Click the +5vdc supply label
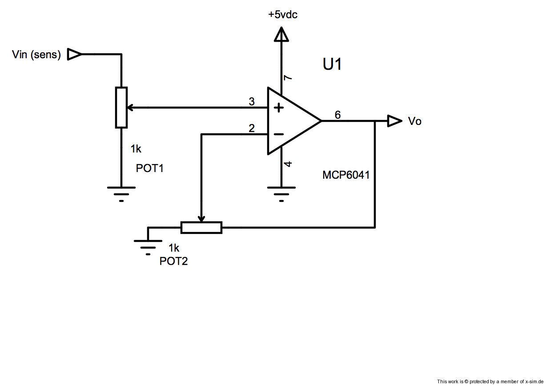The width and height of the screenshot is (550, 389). (x=282, y=15)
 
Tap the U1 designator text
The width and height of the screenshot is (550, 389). (x=332, y=64)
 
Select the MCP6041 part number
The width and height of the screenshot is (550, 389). (x=346, y=175)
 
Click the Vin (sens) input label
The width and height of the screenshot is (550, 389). (x=36, y=55)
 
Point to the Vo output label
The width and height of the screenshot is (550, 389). (x=414, y=121)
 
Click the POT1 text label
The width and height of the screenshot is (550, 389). (x=150, y=168)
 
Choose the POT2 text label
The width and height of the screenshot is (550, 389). (x=173, y=261)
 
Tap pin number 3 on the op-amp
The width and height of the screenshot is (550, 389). (x=252, y=102)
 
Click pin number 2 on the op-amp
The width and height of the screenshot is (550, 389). (x=252, y=128)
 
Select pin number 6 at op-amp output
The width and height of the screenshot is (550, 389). (x=337, y=115)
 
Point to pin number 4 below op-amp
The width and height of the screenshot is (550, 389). (x=288, y=164)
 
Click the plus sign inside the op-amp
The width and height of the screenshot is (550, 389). (x=278, y=108)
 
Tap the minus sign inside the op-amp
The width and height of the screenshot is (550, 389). (x=278, y=134)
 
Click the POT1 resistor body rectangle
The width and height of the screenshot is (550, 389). (x=121, y=108)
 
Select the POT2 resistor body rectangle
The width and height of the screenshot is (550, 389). (x=201, y=228)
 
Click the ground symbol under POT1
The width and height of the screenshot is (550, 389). (x=121, y=193)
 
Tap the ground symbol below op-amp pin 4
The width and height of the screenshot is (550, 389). (x=281, y=193)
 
